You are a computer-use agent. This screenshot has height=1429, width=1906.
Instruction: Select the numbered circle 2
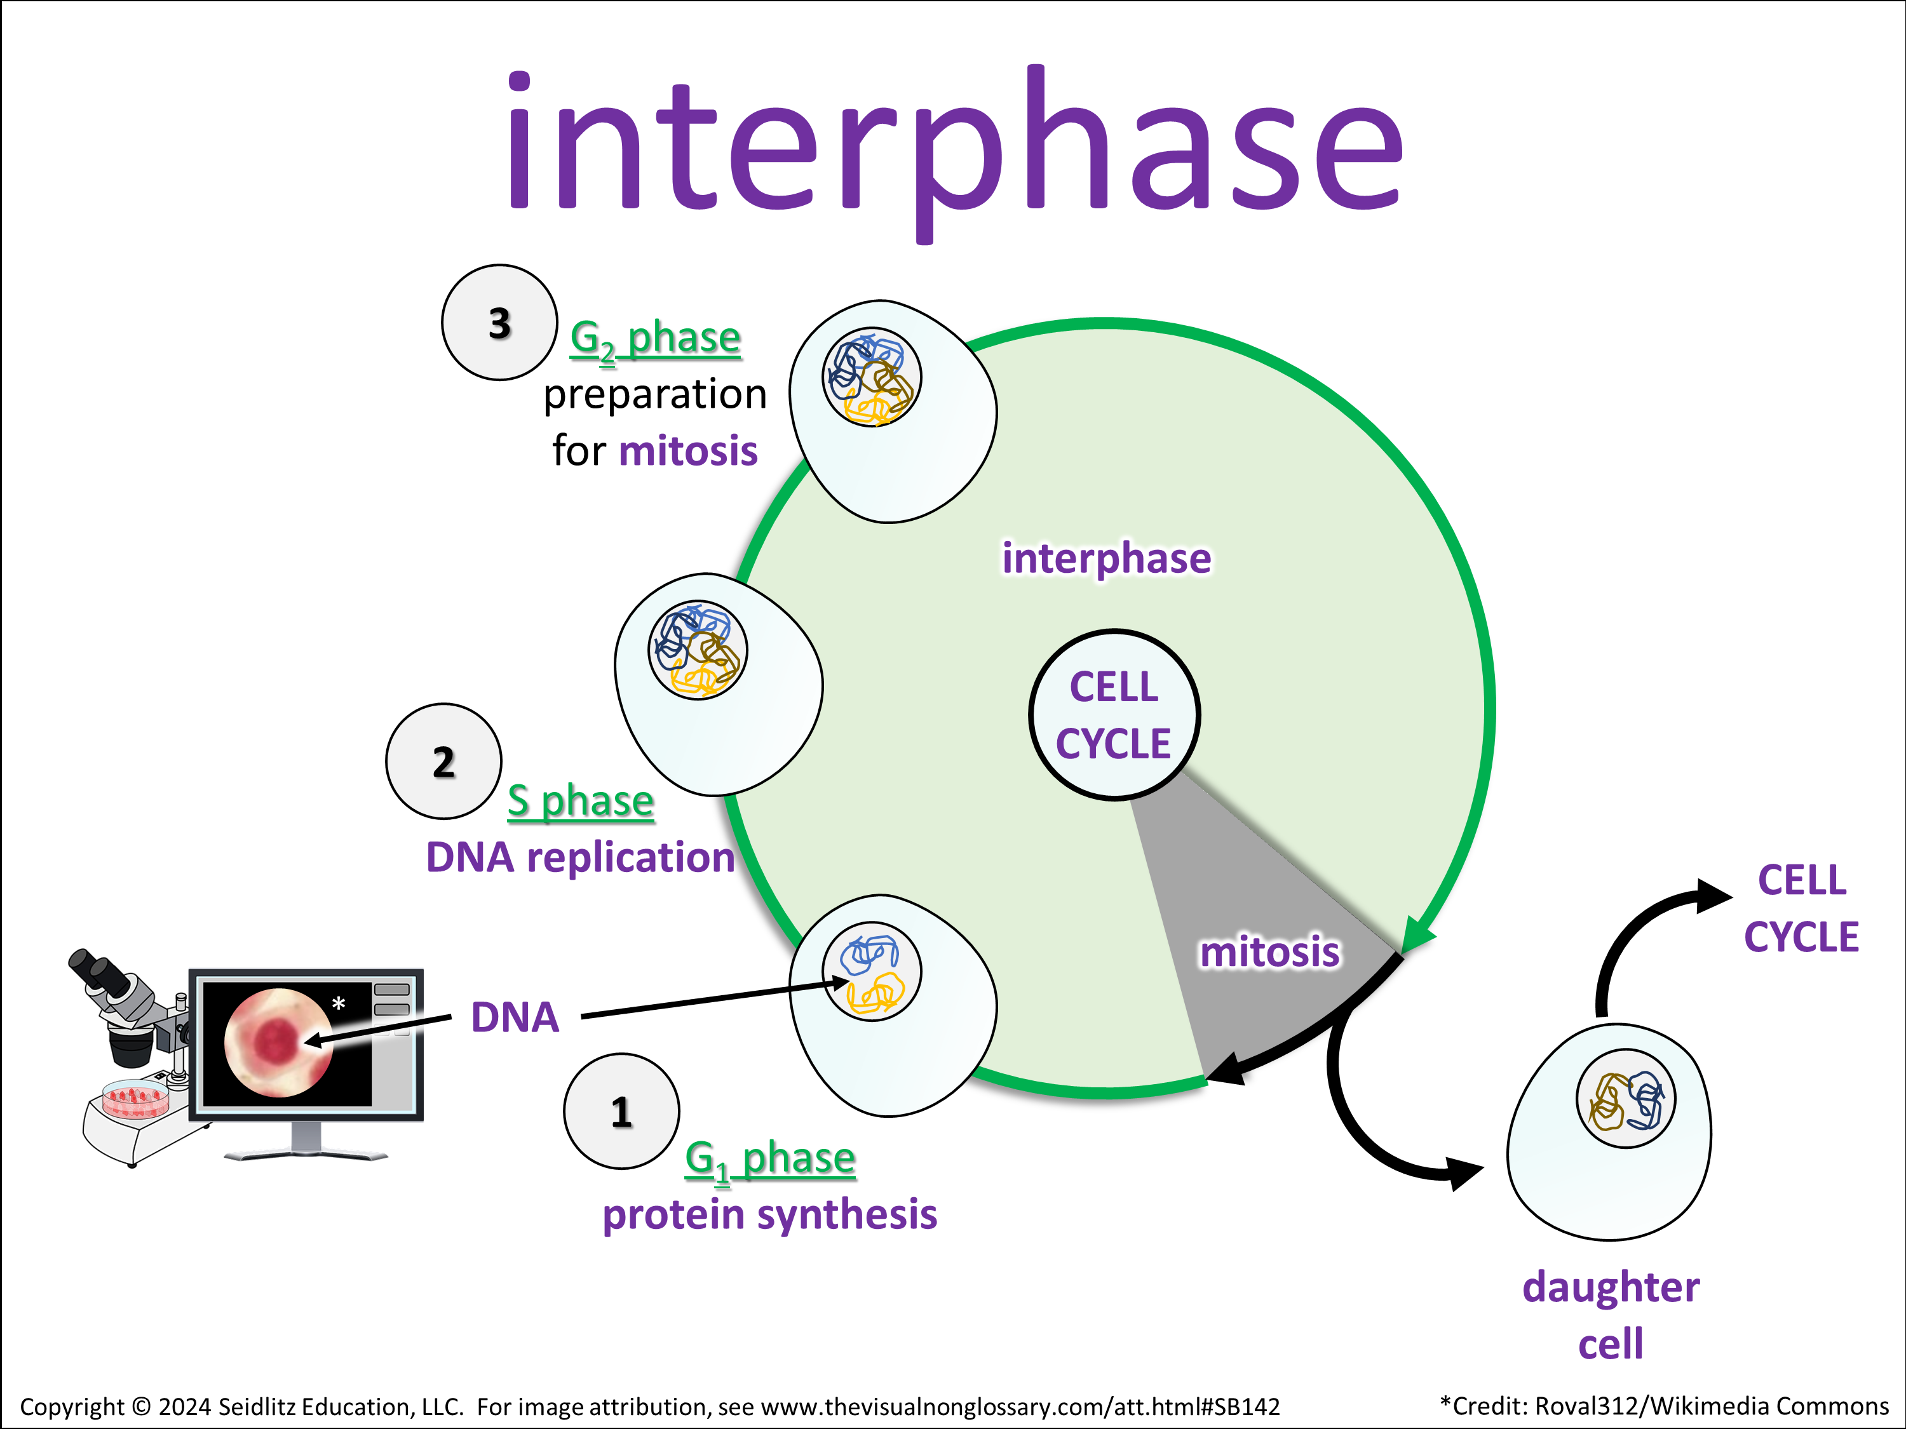coord(443,761)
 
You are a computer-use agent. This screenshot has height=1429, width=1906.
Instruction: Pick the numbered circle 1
coord(621,1111)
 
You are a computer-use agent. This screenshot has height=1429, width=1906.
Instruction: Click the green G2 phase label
coord(655,339)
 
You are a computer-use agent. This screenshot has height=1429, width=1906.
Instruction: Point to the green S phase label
coord(580,801)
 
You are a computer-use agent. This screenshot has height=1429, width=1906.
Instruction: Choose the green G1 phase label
coord(769,1158)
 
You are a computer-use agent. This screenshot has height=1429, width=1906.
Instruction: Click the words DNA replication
coord(580,858)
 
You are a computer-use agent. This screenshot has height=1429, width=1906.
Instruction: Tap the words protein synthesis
coord(769,1214)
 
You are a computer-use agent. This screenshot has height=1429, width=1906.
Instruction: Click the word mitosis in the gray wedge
coord(1269,952)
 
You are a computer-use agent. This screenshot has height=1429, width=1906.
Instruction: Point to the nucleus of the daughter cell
coord(1625,1098)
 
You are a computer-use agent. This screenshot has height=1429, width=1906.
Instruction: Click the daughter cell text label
coord(1611,1315)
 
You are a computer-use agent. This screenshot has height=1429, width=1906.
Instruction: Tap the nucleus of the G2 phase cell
coord(871,377)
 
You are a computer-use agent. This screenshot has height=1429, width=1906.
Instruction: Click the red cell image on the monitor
coord(278,1042)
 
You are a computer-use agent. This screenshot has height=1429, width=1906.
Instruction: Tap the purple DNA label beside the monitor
coord(515,1017)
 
